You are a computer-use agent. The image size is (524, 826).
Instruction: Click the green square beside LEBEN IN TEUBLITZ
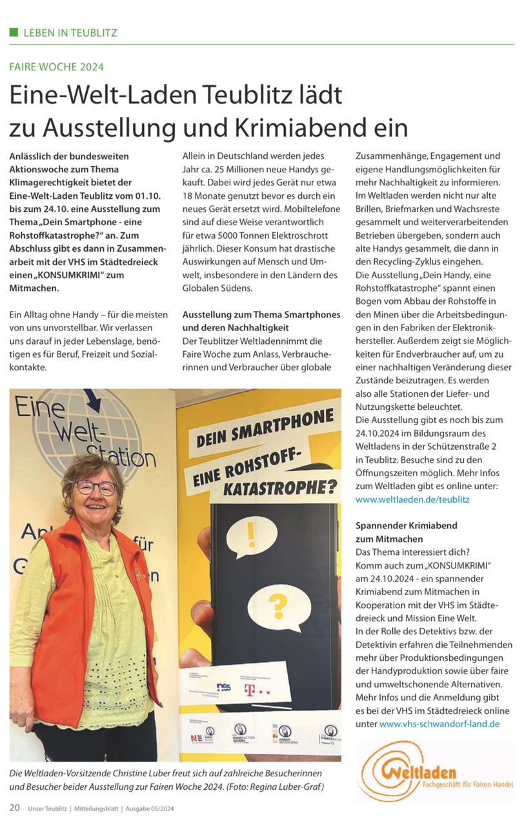tap(14, 32)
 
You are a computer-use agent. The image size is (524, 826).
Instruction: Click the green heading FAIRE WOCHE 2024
tap(56, 66)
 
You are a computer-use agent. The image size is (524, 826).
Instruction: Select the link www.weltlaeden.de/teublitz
tap(413, 499)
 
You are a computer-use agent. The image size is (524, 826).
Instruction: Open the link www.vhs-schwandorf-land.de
tap(439, 724)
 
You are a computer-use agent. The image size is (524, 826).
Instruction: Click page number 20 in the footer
tap(14, 807)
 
